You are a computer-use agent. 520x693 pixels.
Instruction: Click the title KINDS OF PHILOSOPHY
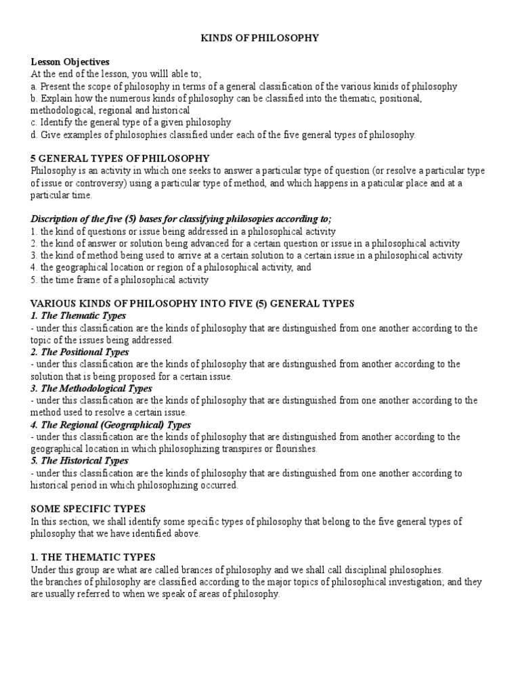pyautogui.click(x=259, y=38)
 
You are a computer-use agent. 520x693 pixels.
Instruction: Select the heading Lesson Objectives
pyautogui.click(x=70, y=62)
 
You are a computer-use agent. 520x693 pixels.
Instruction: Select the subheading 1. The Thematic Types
pyautogui.click(x=79, y=316)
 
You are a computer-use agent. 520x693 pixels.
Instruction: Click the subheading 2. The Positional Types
pyautogui.click(x=80, y=353)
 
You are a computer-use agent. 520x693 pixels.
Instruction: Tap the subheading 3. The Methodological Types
pyautogui.click(x=91, y=388)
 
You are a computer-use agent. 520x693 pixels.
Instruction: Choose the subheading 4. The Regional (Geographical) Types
pyautogui.click(x=111, y=425)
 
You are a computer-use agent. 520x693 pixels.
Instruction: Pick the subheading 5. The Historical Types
pyautogui.click(x=80, y=462)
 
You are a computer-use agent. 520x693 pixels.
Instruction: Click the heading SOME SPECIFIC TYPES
pyautogui.click(x=88, y=508)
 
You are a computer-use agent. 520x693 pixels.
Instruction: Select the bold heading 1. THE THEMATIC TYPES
pyautogui.click(x=93, y=558)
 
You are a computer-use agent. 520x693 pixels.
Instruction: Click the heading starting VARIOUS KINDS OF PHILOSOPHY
pyautogui.click(x=192, y=304)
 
